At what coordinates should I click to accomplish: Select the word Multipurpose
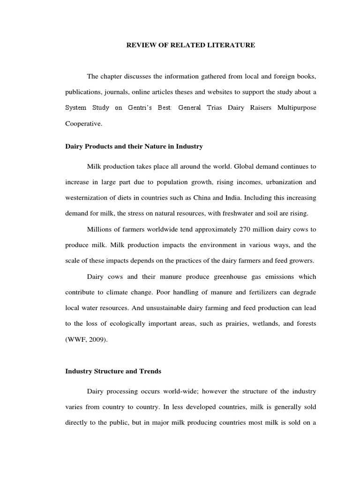(294, 108)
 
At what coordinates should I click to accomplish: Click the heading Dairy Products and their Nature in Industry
(134, 147)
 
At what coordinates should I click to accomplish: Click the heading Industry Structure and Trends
(113, 371)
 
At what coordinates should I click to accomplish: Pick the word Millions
(100, 229)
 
